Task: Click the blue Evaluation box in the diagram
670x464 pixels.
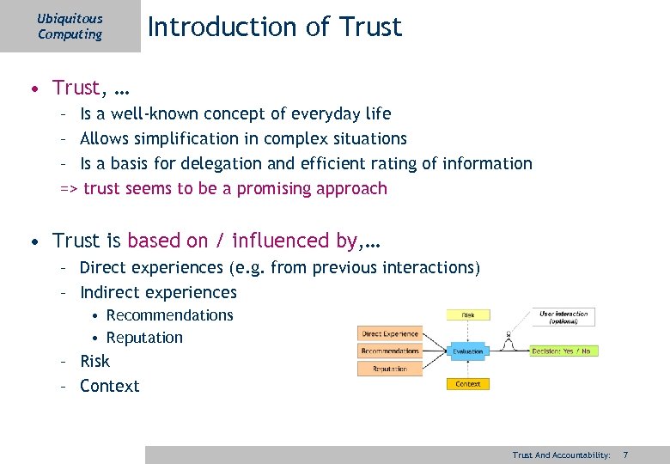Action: coord(467,351)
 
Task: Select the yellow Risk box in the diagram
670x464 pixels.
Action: coord(467,315)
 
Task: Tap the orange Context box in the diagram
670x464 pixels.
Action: coord(467,384)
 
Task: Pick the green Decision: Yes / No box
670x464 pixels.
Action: coord(564,351)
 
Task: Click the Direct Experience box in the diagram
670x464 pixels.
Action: coord(389,333)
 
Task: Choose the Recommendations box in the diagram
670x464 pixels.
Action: coord(389,351)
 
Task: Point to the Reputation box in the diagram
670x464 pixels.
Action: coord(389,369)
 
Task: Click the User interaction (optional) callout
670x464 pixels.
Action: coord(563,317)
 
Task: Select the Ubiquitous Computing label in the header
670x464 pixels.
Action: coord(70,27)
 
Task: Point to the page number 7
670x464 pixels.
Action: coord(625,454)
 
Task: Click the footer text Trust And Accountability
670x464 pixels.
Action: coord(560,454)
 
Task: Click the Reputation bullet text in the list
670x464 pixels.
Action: coord(144,338)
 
